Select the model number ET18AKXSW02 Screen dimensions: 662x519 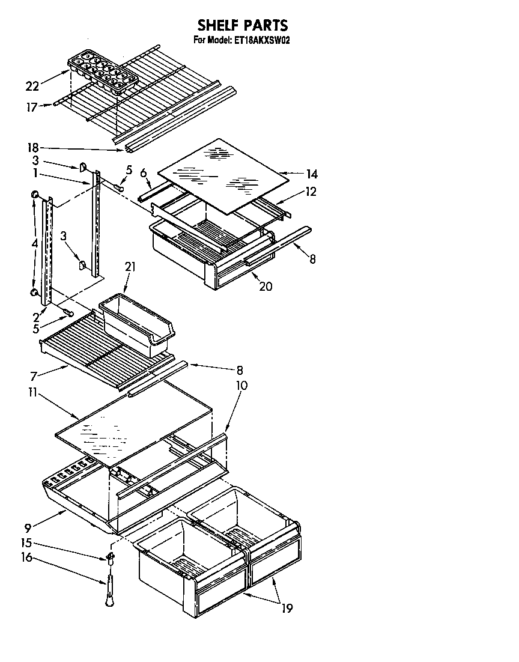tap(263, 41)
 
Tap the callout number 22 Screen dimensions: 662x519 tap(32, 86)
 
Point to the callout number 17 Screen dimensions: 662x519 tap(31, 108)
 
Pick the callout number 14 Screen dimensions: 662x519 tap(311, 175)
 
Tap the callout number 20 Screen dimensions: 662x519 tap(266, 287)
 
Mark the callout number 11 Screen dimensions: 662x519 tap(32, 392)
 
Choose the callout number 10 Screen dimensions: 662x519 tap(241, 385)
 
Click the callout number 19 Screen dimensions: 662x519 tap(287, 609)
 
